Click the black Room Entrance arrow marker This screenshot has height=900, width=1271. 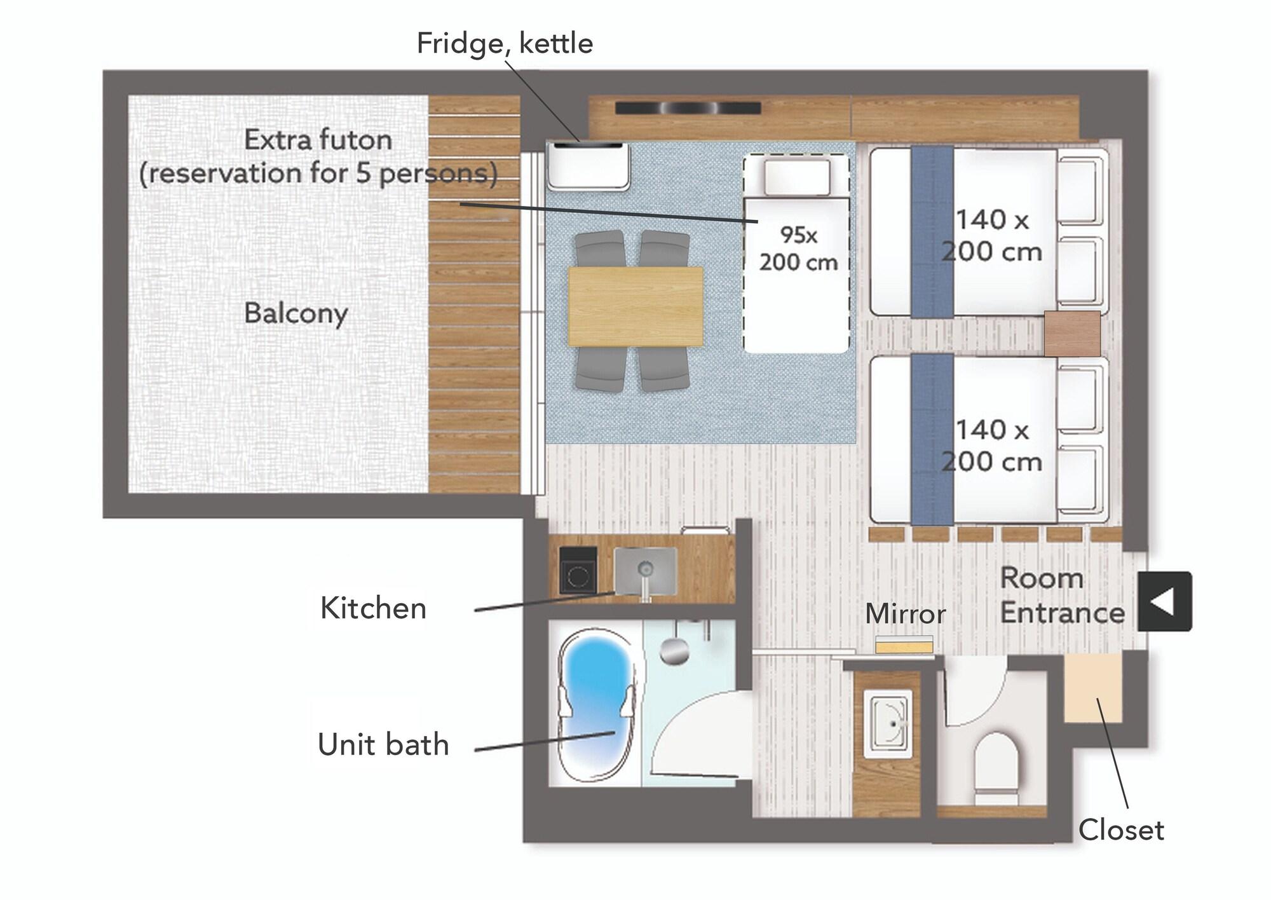coord(1164,601)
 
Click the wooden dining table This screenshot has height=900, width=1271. coord(635,306)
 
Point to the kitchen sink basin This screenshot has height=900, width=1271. coord(646,571)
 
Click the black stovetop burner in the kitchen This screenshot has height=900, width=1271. coord(578,571)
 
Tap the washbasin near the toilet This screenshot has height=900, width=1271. coord(888,724)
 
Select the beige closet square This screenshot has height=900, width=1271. coord(1092,688)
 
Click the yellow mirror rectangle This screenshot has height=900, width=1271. coord(904,644)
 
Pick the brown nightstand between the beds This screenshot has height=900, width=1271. coord(1072,333)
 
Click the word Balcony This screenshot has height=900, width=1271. coord(296,313)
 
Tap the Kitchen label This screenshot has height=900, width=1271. coord(373,608)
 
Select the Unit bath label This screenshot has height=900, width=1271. coord(383,744)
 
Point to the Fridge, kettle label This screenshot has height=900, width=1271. coord(505,44)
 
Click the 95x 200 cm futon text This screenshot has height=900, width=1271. coord(798,249)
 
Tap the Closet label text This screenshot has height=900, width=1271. coord(1121,829)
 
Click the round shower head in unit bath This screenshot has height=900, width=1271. coord(675,651)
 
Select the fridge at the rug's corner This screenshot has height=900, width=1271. coord(588,166)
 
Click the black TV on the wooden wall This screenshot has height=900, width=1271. coord(688,108)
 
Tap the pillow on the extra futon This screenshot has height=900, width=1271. coord(797,177)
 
